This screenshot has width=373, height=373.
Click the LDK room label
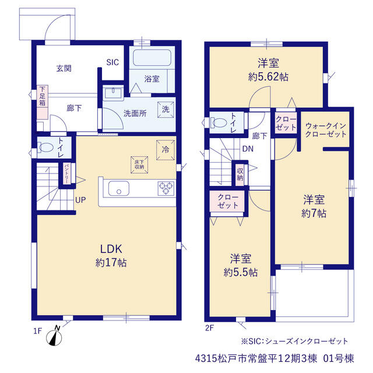[x=111, y=249]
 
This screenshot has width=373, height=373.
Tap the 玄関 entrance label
[x=64, y=69]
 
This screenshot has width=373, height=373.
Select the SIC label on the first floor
[x=112, y=62]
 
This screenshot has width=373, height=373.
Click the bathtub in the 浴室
[x=152, y=58]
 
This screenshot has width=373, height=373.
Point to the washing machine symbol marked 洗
[x=166, y=110]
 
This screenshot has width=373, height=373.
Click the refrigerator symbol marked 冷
[x=166, y=150]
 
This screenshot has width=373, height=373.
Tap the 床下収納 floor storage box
[x=139, y=164]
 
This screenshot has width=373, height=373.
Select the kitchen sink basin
[x=119, y=188]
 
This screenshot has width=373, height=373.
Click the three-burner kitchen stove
[x=166, y=188]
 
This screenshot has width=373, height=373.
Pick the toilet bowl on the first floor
[x=45, y=147]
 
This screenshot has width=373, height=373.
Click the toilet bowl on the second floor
[x=219, y=123]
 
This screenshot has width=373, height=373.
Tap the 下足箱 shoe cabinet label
[x=43, y=96]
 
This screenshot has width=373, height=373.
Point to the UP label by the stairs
[x=80, y=200]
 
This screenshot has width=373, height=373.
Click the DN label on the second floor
[x=248, y=149]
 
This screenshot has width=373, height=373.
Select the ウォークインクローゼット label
[x=326, y=130]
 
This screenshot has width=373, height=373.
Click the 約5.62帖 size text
[x=268, y=77]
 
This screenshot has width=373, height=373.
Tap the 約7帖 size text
[x=314, y=213]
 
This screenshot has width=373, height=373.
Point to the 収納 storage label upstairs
[x=240, y=174]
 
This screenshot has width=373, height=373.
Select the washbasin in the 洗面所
[x=113, y=91]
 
